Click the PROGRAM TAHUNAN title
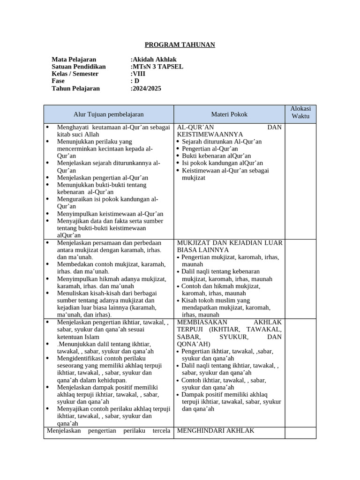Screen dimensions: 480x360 (180, 45)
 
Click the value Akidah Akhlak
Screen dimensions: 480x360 (155, 60)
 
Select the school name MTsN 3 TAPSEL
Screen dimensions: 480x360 (158, 67)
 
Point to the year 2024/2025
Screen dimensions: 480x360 (147, 88)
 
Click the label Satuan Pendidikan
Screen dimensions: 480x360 (79, 67)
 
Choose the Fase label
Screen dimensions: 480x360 (58, 81)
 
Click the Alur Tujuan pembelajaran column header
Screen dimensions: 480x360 (108, 114)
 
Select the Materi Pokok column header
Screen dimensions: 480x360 (229, 114)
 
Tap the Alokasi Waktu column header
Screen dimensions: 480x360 (300, 112)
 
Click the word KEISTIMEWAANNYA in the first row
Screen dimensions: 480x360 (210, 134)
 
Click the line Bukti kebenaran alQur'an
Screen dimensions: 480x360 (216, 156)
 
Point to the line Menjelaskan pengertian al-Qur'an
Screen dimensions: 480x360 (102, 178)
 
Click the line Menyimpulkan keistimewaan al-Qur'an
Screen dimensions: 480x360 (110, 213)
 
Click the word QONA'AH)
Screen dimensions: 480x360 (194, 344)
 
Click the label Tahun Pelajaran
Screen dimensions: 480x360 (75, 88)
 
